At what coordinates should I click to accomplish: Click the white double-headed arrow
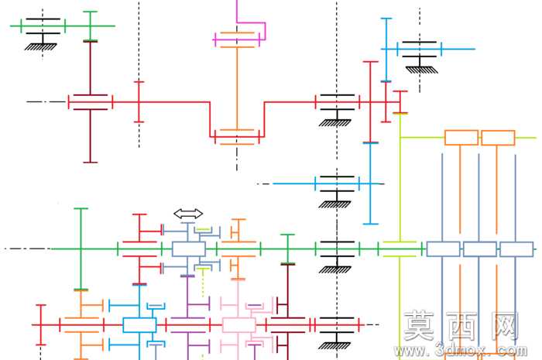click(x=188, y=214)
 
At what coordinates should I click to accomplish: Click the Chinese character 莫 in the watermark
click(x=419, y=325)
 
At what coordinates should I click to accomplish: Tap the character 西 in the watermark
click(x=462, y=325)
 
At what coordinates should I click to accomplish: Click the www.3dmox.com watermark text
click(x=461, y=351)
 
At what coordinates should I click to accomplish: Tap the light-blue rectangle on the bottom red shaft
click(x=139, y=325)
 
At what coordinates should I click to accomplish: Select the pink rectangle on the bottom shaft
click(x=238, y=325)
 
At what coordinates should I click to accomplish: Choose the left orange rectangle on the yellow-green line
click(x=461, y=138)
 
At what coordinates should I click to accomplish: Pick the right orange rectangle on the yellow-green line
click(x=498, y=138)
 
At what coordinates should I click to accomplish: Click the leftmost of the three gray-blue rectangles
click(x=443, y=249)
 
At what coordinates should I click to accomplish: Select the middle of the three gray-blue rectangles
click(x=480, y=249)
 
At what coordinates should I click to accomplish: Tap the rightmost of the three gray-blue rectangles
click(x=516, y=249)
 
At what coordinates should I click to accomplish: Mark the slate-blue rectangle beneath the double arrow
click(x=189, y=249)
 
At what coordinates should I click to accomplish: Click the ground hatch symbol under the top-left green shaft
click(x=41, y=46)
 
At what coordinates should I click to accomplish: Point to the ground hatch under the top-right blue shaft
click(x=422, y=70)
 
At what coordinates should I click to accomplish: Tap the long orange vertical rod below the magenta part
click(x=237, y=88)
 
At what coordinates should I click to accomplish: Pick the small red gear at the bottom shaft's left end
click(x=41, y=324)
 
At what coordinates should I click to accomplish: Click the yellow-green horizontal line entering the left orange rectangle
click(x=422, y=138)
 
